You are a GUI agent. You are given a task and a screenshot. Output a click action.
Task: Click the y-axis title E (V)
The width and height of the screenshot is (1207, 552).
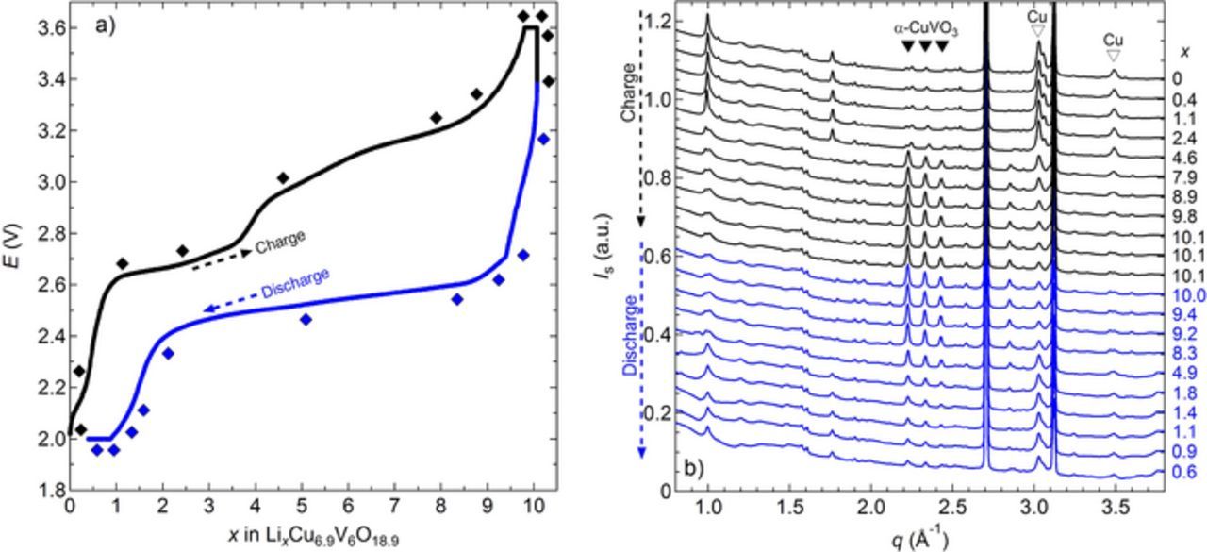coord(13,255)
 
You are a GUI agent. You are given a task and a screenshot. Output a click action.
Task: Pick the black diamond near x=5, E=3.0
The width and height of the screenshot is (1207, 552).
coord(283,177)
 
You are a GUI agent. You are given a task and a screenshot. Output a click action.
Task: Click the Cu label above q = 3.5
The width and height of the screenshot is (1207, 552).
coord(1114,41)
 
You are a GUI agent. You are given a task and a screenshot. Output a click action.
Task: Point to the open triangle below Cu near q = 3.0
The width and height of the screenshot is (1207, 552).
coord(1037,31)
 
